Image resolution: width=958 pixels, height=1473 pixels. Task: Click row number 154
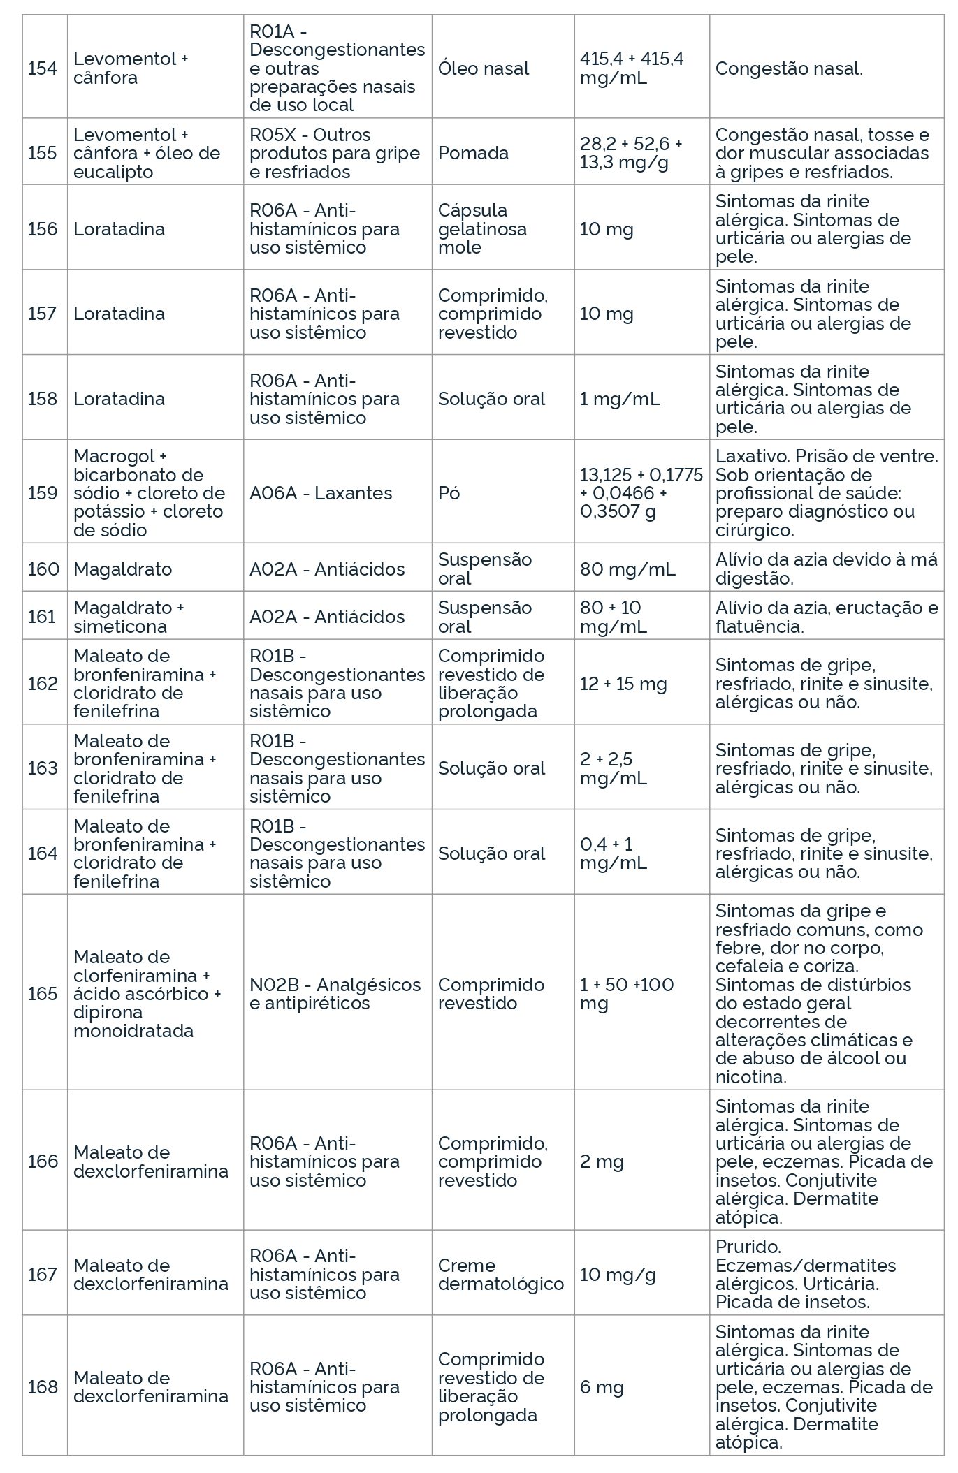(x=42, y=68)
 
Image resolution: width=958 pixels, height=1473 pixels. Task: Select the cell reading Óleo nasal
(x=484, y=68)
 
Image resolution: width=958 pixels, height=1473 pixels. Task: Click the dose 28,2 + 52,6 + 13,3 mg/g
(x=631, y=153)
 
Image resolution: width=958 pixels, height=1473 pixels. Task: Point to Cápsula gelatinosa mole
(x=482, y=229)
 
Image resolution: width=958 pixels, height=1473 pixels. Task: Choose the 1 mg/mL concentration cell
(x=620, y=399)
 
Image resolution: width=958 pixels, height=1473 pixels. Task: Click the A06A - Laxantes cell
(x=321, y=493)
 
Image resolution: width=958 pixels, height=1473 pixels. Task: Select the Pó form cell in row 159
(x=449, y=493)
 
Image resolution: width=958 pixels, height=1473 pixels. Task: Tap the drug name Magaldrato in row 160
(x=122, y=569)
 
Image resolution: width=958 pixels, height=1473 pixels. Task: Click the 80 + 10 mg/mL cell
(x=614, y=617)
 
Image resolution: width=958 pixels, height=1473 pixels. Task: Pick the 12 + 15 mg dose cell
(x=623, y=684)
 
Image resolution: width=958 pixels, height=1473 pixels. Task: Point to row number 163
(x=42, y=768)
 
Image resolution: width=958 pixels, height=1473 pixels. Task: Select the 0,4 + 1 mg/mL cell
(x=614, y=853)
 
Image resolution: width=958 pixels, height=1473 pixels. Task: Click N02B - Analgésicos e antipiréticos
(x=335, y=994)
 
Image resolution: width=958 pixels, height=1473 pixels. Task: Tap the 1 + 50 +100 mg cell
(x=627, y=994)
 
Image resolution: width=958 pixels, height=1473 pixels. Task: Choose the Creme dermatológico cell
(x=500, y=1275)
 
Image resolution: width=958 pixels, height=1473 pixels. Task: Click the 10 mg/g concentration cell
(x=618, y=1275)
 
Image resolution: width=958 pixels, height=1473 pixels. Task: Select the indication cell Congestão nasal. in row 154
(x=789, y=68)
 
